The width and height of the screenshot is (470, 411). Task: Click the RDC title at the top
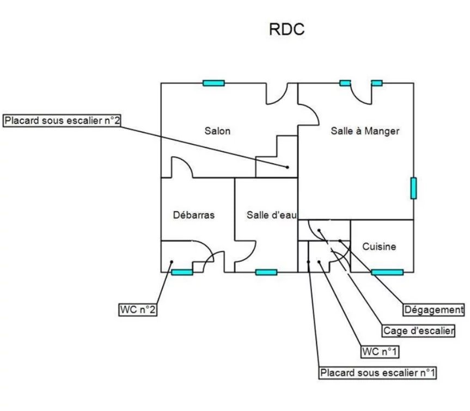coord(286,29)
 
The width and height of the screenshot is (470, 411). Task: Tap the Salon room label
coord(217,131)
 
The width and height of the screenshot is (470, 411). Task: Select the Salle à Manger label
coord(365,131)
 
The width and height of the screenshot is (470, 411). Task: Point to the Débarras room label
coord(194,215)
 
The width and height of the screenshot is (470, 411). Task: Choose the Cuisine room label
coord(379,247)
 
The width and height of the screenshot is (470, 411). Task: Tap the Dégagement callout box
coord(434,310)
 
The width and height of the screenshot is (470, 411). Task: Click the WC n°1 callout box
coord(380,352)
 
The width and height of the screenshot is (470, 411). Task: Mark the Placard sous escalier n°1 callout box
coord(378,373)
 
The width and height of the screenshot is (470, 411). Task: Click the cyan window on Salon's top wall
coord(213,83)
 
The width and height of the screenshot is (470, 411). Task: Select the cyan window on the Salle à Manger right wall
coord(413,188)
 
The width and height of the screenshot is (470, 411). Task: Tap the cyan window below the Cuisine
coord(387,272)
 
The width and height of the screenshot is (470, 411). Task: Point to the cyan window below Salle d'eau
coord(266,272)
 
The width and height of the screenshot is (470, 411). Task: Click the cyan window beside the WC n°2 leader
coord(182,272)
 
